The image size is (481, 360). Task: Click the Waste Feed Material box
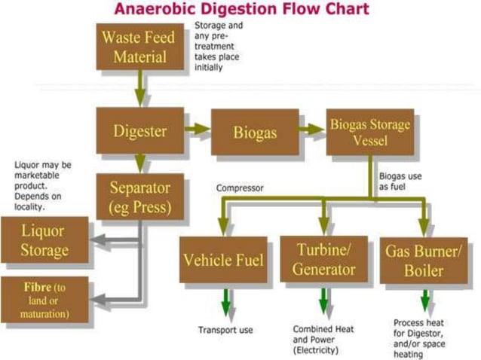(138, 46)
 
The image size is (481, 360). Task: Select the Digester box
(139, 131)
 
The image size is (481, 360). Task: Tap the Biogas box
(255, 133)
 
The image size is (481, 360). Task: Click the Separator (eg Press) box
(140, 197)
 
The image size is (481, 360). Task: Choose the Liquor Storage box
(44, 240)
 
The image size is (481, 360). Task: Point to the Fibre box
(44, 297)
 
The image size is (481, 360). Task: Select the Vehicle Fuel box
(223, 260)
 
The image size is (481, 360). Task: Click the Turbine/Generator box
(323, 259)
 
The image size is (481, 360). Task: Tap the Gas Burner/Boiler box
(423, 260)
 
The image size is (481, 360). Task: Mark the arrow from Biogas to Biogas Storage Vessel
(311, 131)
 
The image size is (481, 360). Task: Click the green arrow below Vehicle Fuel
(224, 302)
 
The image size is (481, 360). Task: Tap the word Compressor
(240, 188)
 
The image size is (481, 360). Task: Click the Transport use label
(225, 330)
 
